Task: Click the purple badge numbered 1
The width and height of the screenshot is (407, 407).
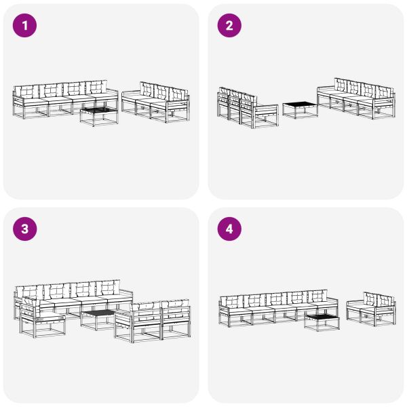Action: [25, 26]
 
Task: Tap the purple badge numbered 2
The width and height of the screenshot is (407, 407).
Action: [229, 26]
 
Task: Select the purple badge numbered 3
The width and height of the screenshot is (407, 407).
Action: [25, 229]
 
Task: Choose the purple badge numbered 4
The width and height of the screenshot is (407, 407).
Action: [229, 229]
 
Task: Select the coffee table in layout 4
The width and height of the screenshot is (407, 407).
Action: [322, 320]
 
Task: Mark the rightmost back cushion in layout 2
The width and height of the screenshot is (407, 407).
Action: [384, 92]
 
